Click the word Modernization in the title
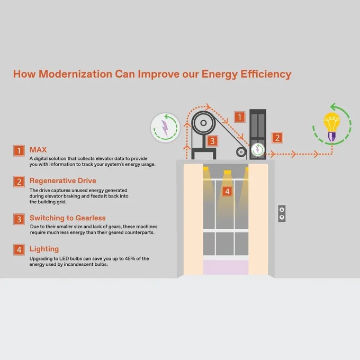(75, 74)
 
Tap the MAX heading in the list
(38, 150)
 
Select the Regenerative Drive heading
(62, 181)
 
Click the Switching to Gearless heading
(68, 218)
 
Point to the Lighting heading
(44, 249)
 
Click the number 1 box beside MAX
(19, 150)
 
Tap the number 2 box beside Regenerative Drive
(19, 182)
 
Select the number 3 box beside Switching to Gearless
(19, 219)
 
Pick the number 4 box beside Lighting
(19, 250)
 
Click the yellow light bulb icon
(332, 127)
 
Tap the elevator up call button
(282, 210)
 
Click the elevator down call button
(282, 217)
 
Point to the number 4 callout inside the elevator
(227, 191)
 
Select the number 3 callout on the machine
(212, 141)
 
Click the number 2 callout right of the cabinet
(277, 138)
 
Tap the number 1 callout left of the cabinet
(240, 117)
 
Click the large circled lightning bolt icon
(165, 128)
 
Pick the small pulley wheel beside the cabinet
(241, 152)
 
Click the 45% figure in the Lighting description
(130, 258)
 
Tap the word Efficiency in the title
(266, 74)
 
